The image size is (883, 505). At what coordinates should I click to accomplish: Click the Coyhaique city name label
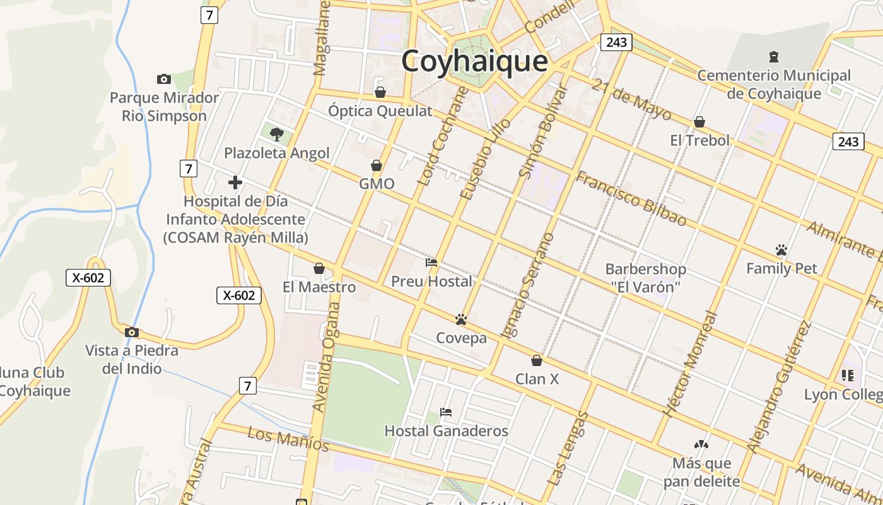tap(474, 62)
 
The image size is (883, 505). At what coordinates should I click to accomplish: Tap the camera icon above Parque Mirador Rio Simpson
tap(164, 79)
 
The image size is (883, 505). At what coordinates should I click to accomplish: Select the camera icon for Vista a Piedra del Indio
tap(132, 333)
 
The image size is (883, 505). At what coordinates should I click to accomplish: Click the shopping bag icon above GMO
tap(377, 165)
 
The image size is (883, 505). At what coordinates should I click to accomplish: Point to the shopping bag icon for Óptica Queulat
tap(380, 93)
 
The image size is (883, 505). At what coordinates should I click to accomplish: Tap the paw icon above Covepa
tap(461, 319)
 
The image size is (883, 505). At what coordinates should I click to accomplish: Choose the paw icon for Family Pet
tap(781, 250)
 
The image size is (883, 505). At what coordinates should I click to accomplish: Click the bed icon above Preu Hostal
tap(431, 263)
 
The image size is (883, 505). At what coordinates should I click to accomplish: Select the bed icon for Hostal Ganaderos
tap(446, 412)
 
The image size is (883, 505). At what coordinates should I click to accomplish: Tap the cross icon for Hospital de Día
tap(235, 182)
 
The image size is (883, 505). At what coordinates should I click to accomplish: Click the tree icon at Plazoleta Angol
tap(276, 134)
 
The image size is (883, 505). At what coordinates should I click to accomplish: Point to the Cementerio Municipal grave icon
tap(774, 57)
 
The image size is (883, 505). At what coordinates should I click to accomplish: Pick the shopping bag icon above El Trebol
tap(699, 122)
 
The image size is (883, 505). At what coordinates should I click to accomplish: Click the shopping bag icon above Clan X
tap(537, 360)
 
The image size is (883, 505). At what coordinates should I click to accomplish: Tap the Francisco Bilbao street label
tap(631, 198)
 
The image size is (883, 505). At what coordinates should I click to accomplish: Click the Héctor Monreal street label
tap(691, 364)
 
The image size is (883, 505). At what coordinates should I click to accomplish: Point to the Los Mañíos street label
tap(288, 439)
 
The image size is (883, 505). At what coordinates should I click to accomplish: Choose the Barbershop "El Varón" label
tap(645, 278)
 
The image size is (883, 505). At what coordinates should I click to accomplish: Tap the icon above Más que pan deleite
tap(701, 444)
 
